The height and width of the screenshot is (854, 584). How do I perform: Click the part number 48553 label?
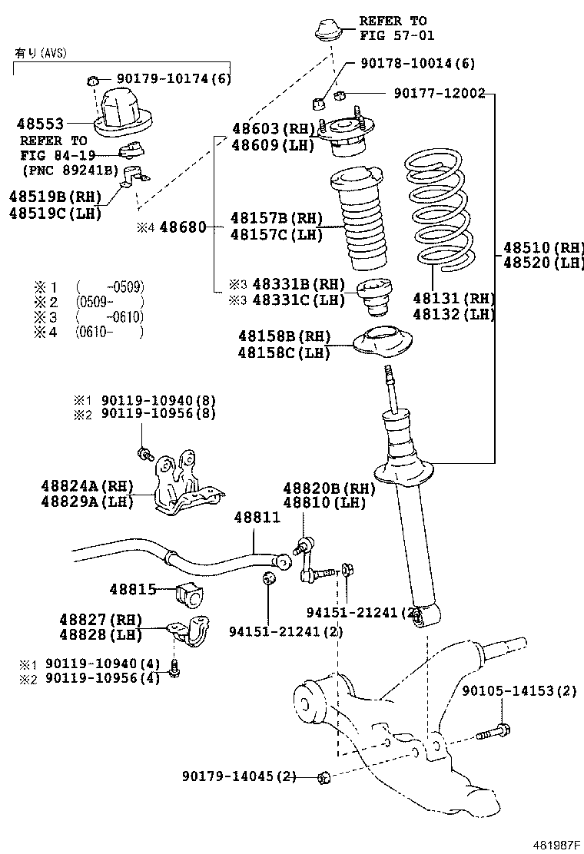(x=40, y=123)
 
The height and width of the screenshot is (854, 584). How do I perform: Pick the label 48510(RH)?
(x=543, y=248)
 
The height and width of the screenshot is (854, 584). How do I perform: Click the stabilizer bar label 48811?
(x=257, y=518)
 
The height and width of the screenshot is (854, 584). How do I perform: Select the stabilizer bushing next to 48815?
(x=191, y=593)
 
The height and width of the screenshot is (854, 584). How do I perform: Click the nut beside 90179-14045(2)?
(x=324, y=778)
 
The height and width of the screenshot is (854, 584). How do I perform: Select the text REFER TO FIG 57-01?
(x=393, y=28)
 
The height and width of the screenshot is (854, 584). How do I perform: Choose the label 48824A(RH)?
(x=87, y=485)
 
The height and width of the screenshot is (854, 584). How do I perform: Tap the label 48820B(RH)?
(x=328, y=488)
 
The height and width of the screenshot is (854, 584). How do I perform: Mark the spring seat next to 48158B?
(x=381, y=343)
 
